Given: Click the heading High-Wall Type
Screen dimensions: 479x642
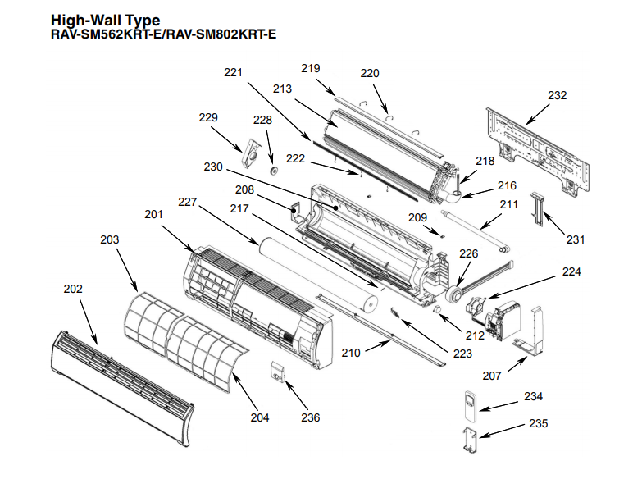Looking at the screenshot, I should click(106, 20).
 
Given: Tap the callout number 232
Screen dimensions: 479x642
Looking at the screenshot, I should click(557, 95).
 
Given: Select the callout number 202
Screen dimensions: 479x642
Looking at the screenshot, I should click(73, 289).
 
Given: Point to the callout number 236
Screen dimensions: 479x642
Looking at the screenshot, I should click(310, 417).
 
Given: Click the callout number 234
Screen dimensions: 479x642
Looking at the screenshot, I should click(533, 397).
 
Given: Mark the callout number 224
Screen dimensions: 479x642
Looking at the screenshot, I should click(571, 271).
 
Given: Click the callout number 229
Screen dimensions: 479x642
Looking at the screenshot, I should click(208, 118).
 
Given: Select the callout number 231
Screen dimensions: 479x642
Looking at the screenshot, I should click(576, 239).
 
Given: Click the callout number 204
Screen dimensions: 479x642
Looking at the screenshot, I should click(260, 417).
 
